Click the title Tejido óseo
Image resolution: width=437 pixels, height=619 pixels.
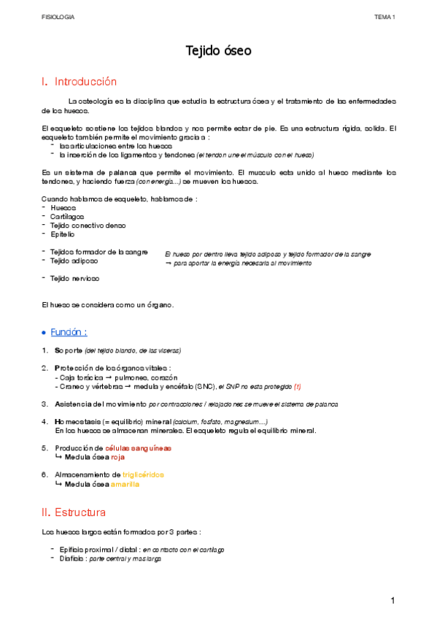click(x=218, y=51)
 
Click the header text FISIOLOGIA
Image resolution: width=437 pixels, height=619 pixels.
click(x=58, y=16)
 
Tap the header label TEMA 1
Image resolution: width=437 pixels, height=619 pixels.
click(x=384, y=16)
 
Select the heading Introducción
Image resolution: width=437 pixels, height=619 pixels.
click(x=85, y=82)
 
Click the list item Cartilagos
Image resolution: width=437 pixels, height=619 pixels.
click(x=67, y=217)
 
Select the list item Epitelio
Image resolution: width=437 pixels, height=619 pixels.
click(x=63, y=234)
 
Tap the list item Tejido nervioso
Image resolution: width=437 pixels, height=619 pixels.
click(x=75, y=278)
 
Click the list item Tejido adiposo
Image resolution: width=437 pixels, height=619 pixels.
click(x=74, y=261)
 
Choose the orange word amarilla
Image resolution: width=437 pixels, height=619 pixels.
click(x=125, y=483)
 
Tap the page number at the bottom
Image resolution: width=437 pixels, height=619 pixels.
click(x=392, y=600)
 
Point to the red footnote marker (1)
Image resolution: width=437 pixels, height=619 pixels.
click(x=298, y=385)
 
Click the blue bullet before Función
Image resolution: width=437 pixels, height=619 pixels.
click(x=45, y=333)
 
